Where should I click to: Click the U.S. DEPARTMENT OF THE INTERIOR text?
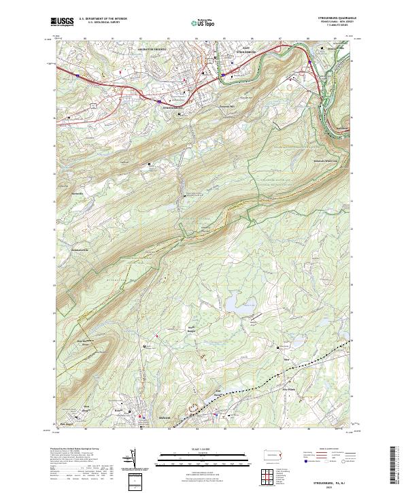tap(103, 19)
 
